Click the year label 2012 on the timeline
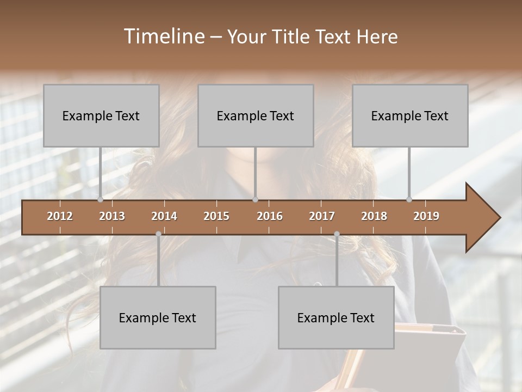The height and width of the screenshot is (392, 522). click(x=60, y=216)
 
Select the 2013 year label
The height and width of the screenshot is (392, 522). click(x=112, y=216)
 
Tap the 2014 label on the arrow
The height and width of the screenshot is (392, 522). click(x=164, y=216)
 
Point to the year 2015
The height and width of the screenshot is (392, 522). click(x=216, y=216)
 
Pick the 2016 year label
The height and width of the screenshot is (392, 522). click(x=270, y=216)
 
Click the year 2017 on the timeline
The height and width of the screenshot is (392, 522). click(x=322, y=216)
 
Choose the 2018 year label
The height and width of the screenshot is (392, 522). click(x=374, y=216)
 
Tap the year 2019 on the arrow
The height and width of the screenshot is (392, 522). click(x=426, y=216)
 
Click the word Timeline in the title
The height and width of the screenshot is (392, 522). click(x=163, y=36)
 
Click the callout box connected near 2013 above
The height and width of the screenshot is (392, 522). click(x=101, y=115)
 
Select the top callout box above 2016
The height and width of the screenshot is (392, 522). click(x=256, y=115)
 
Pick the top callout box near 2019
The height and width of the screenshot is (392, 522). click(x=410, y=115)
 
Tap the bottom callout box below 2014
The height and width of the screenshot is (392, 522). click(x=158, y=317)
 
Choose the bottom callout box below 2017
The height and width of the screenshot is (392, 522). click(x=336, y=317)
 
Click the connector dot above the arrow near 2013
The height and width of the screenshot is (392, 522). click(x=101, y=199)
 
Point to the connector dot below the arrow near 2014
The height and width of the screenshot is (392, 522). click(x=158, y=234)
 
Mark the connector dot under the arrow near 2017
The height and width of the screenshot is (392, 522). click(x=337, y=234)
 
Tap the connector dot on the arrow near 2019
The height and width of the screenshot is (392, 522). click(x=409, y=199)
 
